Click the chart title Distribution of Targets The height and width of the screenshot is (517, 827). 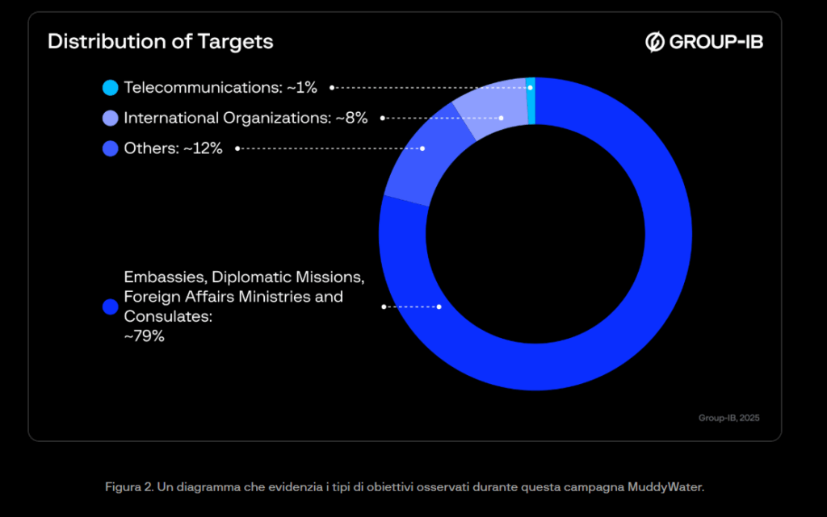tap(160, 41)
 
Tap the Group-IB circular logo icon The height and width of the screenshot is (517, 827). tap(655, 42)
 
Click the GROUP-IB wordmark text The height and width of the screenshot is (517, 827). tap(716, 42)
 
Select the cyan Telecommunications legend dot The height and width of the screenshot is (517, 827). tap(111, 87)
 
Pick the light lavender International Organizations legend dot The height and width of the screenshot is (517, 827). tap(111, 118)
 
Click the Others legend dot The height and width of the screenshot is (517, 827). tap(111, 148)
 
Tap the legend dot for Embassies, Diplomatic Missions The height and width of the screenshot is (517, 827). tap(111, 306)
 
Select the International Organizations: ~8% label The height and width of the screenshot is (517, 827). tap(246, 118)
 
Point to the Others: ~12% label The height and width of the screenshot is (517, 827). tap(173, 148)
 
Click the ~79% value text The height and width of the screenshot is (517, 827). tap(144, 336)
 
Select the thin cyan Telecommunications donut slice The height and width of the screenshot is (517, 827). tap(531, 101)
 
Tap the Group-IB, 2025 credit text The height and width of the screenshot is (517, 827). tap(728, 418)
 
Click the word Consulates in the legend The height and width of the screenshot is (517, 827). tap(167, 316)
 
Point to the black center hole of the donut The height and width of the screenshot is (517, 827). tap(535, 234)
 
